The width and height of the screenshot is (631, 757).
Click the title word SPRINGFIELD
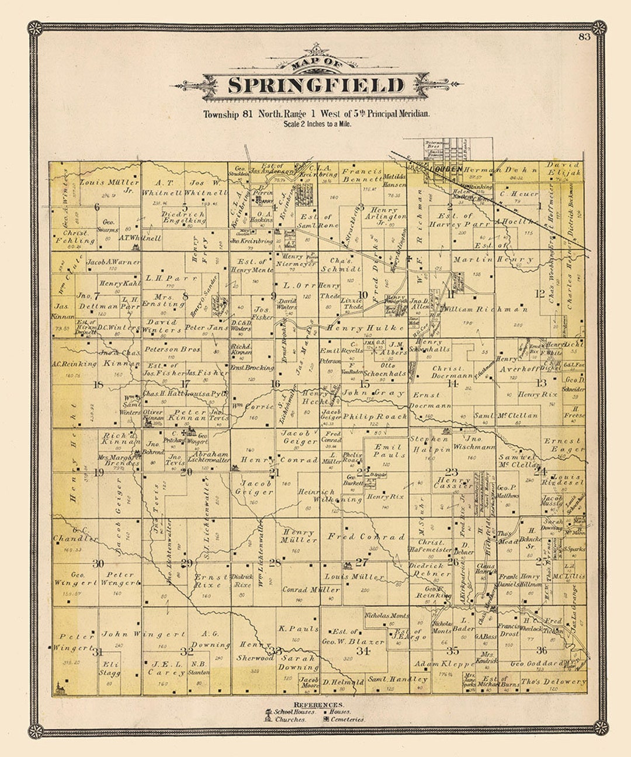pos(315,85)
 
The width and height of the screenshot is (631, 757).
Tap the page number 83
pos(584,37)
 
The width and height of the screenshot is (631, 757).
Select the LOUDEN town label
pos(446,169)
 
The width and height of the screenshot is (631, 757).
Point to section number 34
pos(363,650)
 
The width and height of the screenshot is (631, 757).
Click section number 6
pos(96,207)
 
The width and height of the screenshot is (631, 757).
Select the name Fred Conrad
pos(366,536)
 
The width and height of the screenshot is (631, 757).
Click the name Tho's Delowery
pos(553,682)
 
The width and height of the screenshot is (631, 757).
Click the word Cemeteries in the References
pos(348,720)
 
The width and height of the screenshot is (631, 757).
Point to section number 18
pos(98,384)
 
